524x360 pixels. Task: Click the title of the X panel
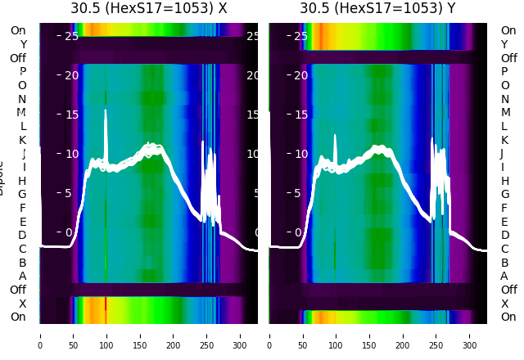point(149,9)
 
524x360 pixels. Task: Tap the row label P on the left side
point(22,72)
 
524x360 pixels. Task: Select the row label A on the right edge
point(504,277)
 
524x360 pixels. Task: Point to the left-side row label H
point(22,181)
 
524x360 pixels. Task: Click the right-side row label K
point(504,140)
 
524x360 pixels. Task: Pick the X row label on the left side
point(22,304)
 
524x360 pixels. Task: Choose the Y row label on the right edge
point(504,45)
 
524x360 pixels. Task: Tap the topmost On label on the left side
point(18,31)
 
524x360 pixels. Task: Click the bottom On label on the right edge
point(508,317)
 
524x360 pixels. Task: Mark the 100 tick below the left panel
point(106,335)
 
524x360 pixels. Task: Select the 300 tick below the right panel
point(469,335)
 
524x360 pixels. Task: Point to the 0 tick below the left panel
point(40,335)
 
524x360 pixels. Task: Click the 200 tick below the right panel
point(402,335)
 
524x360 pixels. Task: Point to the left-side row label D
point(22,236)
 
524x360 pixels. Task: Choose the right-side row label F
point(504,208)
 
